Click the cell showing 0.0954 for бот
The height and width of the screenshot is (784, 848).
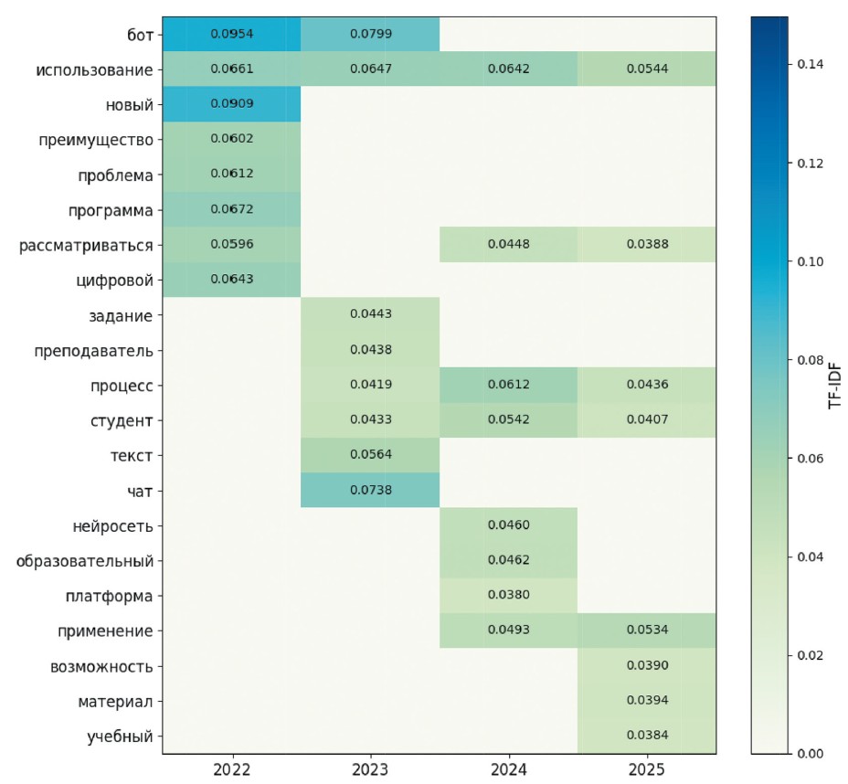(231, 34)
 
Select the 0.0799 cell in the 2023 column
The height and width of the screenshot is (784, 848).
(370, 34)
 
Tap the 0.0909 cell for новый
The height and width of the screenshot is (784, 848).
(231, 104)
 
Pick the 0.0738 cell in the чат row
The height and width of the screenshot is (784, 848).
(370, 491)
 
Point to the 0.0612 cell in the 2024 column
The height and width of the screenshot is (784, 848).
(509, 385)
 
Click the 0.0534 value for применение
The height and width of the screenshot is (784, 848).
(647, 630)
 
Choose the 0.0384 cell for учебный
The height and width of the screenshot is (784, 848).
(647, 736)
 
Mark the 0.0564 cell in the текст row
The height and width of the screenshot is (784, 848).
(370, 455)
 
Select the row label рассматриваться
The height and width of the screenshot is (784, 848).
(86, 245)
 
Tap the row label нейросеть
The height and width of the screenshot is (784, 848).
(112, 525)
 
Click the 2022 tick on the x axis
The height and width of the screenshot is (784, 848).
(231, 769)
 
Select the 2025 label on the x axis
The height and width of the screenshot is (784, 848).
(647, 769)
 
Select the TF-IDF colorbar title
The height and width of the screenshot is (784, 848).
(834, 384)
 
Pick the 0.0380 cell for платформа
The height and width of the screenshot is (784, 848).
(509, 596)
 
